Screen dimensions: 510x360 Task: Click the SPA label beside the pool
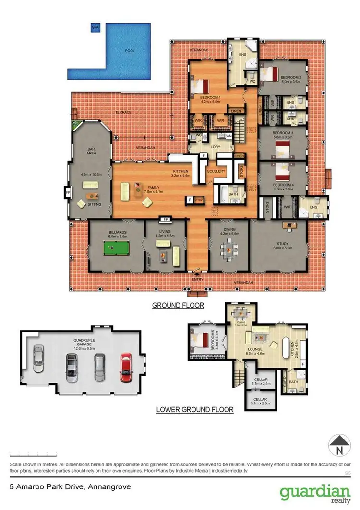point(95,28)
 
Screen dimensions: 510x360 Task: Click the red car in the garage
point(126,367)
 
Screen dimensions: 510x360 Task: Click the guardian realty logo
point(314,493)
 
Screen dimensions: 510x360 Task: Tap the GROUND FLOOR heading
point(178,305)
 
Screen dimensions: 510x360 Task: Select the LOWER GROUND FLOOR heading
point(195,410)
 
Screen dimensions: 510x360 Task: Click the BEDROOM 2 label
point(291,78)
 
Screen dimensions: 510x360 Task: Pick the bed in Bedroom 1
point(200,86)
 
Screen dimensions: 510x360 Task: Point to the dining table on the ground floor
point(229,249)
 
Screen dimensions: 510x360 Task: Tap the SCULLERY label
point(216,171)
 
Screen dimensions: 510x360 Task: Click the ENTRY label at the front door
point(197,279)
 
